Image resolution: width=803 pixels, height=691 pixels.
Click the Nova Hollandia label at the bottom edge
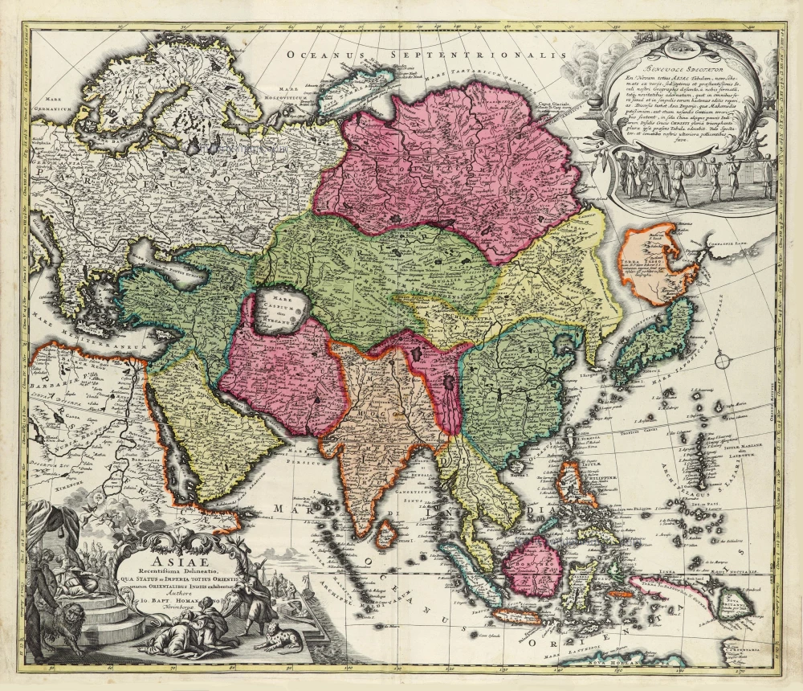pyautogui.click(x=622, y=663)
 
